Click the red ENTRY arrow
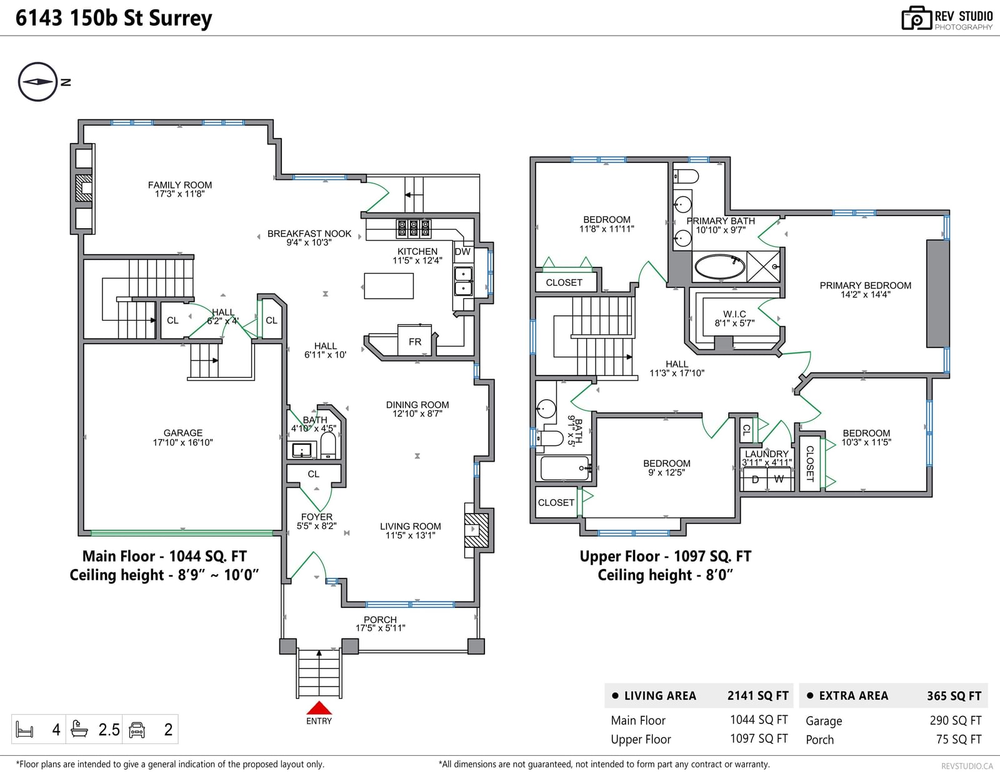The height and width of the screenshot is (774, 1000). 319,708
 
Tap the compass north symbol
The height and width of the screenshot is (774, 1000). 38,82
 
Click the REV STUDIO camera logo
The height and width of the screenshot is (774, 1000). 916,18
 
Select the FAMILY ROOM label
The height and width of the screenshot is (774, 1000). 180,185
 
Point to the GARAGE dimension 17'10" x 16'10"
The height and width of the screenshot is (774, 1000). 182,442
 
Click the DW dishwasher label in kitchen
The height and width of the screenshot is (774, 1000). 462,252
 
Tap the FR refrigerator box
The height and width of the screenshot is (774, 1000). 414,340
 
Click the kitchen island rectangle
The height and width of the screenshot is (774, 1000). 389,286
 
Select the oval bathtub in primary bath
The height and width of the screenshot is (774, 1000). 719,267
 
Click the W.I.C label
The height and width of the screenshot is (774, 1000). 734,314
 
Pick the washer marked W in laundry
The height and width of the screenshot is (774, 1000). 779,479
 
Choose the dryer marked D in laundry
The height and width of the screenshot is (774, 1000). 755,479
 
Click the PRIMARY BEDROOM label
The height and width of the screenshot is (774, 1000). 865,285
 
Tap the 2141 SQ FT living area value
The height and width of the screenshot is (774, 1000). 758,696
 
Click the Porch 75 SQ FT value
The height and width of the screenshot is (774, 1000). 959,739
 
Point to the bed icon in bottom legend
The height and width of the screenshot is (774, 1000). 25,730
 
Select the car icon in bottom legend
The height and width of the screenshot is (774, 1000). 137,730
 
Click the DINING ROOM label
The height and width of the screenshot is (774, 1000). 417,405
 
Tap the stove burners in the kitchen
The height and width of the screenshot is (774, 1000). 414,229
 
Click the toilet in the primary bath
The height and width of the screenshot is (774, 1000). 686,176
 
